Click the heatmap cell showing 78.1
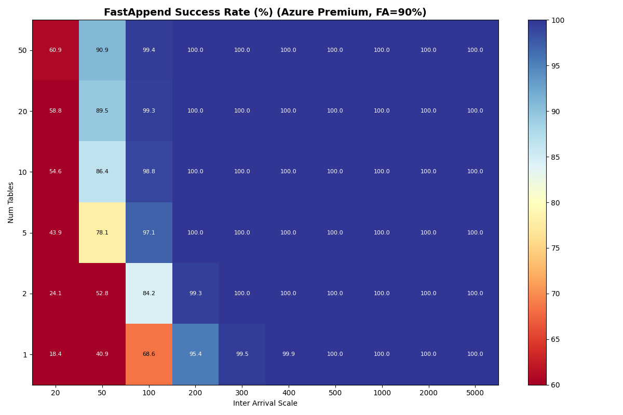102,233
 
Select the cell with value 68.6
148,354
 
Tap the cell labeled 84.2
148,294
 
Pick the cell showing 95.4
195,354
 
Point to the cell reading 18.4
56,354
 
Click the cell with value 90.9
102,50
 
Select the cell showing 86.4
102,172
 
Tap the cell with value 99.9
288,354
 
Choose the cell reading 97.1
148,233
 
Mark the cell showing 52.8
102,294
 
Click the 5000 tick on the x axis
475,394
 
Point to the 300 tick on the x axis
242,394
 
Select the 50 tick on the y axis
23,50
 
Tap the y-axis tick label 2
24,294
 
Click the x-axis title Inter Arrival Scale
265,404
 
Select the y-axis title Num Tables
11,202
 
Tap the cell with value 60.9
56,50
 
